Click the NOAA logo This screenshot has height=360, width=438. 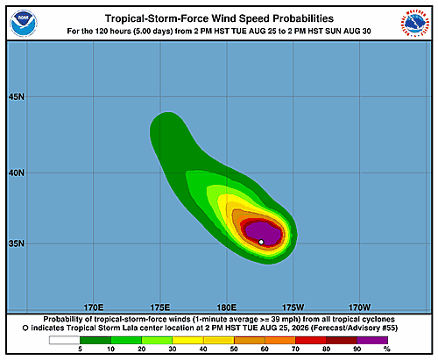pos(24,24)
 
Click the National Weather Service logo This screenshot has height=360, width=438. pos(414,24)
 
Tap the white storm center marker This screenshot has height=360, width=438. pos(261,242)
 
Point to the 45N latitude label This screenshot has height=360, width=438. pos(17,96)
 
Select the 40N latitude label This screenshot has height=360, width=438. pos(17,173)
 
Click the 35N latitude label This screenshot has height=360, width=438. pos(17,244)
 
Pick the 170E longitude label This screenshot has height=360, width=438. pos(94,307)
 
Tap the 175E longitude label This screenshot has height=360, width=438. pos(160,307)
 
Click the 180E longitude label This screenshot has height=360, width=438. pos(227,307)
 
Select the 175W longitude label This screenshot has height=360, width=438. pos(293,307)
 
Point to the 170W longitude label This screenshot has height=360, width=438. pos(359,307)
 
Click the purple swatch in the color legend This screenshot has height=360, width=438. pos(372,340)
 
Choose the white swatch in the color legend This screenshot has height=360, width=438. pos(65,340)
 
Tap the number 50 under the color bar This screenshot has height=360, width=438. pos(234,349)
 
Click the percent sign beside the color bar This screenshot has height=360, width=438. pos(387,349)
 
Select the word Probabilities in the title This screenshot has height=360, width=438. pos(303,18)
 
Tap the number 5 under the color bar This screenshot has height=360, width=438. pos(80,349)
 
